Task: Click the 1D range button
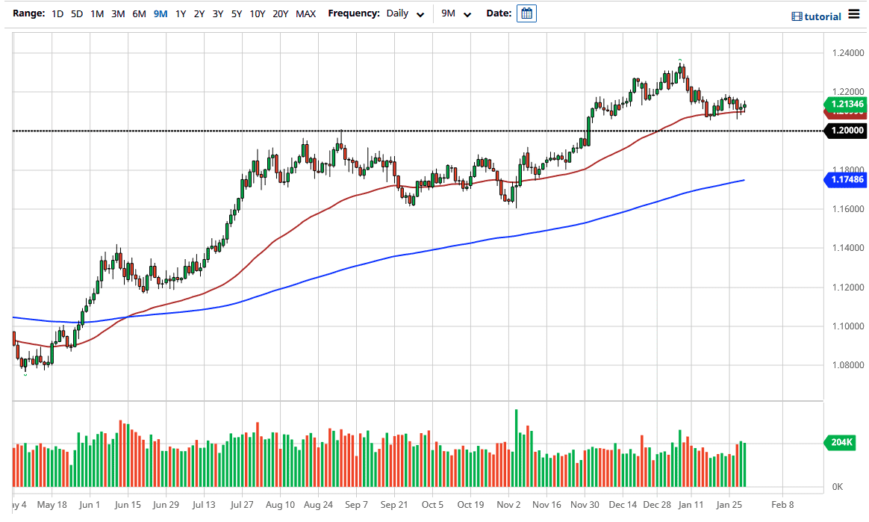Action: coord(57,13)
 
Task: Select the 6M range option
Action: coord(139,13)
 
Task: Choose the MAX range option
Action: coord(305,13)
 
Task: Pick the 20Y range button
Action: coord(280,13)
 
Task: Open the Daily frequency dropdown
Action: coord(405,13)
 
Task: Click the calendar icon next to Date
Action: coord(526,13)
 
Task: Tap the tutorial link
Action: coord(816,16)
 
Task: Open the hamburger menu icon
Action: coord(854,16)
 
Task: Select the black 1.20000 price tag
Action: coord(844,131)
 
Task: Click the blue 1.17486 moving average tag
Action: coord(844,180)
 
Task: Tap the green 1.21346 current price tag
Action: coord(844,104)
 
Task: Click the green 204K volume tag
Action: coord(841,443)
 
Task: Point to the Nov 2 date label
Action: coord(508,504)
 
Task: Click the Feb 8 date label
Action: coord(782,504)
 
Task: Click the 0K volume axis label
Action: coord(837,488)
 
